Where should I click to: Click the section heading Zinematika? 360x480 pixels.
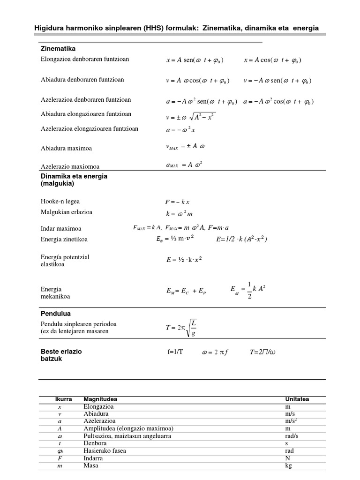click(58, 49)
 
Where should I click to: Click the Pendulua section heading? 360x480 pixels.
click(56, 314)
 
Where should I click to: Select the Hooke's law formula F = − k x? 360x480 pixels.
click(177, 202)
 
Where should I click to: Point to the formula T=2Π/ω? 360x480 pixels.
click(263, 352)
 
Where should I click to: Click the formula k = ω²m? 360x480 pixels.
click(179, 213)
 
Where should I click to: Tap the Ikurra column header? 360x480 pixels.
click(63, 399)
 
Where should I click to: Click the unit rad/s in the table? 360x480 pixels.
click(292, 436)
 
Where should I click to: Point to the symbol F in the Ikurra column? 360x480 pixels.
click(60, 458)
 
